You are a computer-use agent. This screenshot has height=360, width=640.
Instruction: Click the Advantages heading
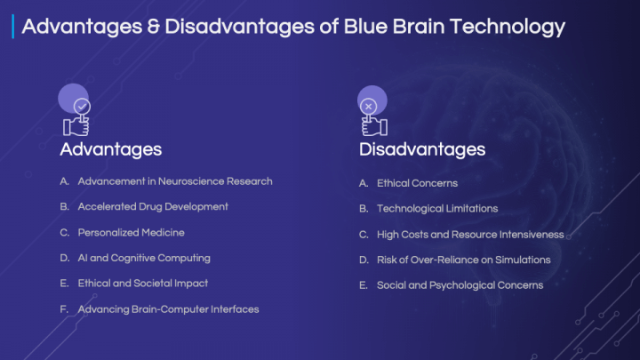110,150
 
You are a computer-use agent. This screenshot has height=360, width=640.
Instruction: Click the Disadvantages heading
422,149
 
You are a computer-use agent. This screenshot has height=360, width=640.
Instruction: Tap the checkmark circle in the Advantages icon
82,107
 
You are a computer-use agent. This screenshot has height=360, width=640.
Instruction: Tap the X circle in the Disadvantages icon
369,107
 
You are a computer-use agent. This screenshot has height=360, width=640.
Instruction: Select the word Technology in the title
508,27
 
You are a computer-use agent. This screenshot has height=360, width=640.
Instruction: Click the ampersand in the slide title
154,27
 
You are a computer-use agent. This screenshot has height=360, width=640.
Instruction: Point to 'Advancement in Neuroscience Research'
175,181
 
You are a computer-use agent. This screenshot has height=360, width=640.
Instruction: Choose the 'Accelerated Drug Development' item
153,207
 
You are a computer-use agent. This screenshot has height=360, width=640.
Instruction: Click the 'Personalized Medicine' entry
131,233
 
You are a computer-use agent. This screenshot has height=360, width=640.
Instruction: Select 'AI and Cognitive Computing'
144,259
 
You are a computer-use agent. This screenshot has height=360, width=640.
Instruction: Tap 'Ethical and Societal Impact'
143,284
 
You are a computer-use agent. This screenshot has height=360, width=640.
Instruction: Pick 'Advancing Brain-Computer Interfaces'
168,309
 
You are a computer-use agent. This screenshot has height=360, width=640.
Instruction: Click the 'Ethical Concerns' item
417,183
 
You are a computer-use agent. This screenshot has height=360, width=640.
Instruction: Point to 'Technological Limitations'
437,209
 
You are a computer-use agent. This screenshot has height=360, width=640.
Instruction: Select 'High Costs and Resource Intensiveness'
470,235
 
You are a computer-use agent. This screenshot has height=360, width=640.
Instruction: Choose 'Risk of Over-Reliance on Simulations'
464,260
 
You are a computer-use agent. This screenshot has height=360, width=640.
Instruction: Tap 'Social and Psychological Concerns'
460,285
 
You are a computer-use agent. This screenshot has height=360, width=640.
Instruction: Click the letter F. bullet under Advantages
64,309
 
